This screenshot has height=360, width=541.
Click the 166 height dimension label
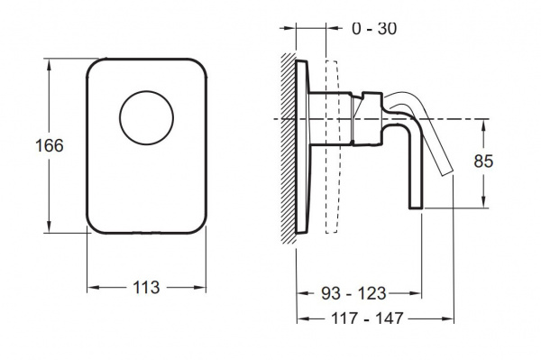(x=50, y=145)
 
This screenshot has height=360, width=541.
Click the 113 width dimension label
(x=146, y=287)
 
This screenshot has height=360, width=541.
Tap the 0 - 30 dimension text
(x=374, y=28)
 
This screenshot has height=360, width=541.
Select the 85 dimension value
(x=483, y=162)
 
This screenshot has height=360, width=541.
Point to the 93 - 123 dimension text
(x=353, y=293)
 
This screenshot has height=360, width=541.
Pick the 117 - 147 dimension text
(x=367, y=318)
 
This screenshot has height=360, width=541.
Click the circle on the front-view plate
(x=147, y=91)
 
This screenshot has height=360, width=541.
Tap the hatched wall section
(x=289, y=148)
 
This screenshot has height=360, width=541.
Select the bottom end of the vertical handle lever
(x=416, y=208)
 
